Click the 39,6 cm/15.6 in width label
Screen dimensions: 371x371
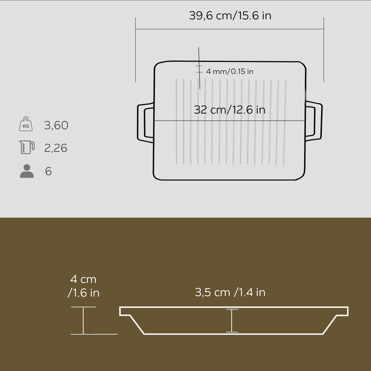click(x=230, y=15)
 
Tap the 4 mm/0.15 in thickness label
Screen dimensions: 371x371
click(x=230, y=71)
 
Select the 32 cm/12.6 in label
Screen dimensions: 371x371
click(x=229, y=110)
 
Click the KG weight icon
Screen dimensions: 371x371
click(x=26, y=124)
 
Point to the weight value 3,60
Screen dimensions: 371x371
click(x=56, y=125)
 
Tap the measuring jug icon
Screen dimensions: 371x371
click(x=27, y=147)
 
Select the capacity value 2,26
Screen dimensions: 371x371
click(x=56, y=148)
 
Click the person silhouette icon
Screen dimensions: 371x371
click(x=27, y=171)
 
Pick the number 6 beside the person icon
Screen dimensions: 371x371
click(x=48, y=171)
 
